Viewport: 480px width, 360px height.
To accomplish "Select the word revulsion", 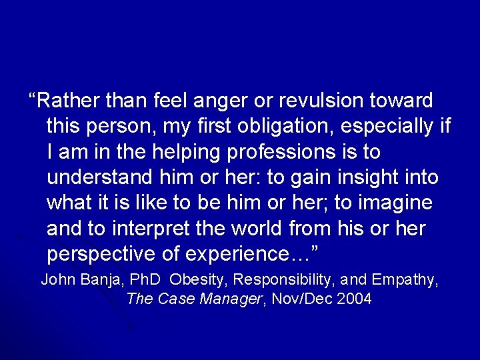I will (319, 101).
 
